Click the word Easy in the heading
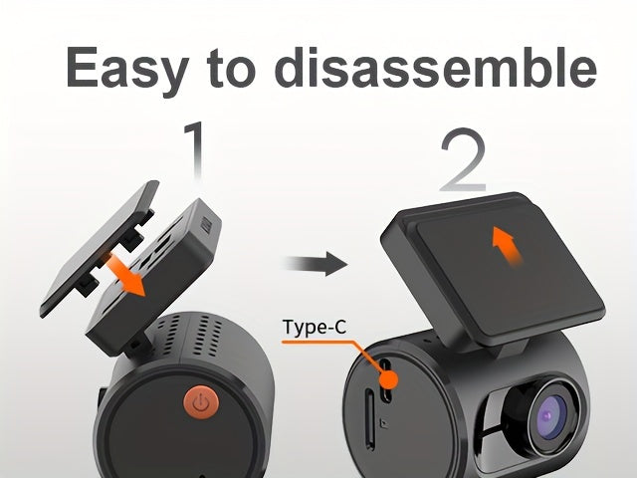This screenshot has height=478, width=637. (127, 70)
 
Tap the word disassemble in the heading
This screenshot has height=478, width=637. (438, 67)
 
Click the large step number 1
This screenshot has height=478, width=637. (195, 150)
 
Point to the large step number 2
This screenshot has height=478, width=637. (463, 159)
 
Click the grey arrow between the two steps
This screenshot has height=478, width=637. (316, 264)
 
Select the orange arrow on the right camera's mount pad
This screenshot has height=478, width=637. (507, 247)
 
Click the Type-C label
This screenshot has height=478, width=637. (315, 328)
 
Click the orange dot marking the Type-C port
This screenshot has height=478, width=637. (389, 379)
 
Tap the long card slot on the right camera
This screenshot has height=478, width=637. (369, 418)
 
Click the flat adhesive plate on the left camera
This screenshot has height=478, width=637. (100, 248)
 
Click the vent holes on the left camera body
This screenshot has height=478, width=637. (190, 336)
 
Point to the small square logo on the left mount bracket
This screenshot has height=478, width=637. (206, 225)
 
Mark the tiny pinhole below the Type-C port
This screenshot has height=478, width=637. (383, 423)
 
